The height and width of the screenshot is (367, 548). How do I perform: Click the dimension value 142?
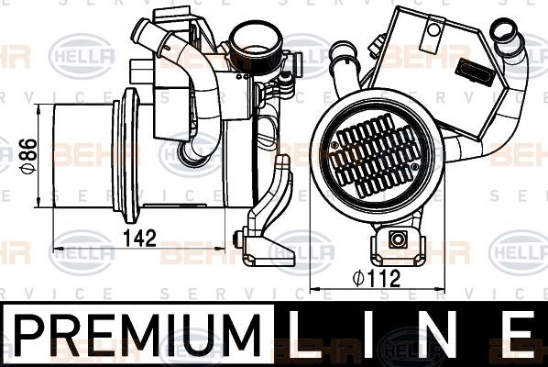[139, 238]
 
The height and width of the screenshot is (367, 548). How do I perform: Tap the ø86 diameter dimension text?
[28, 156]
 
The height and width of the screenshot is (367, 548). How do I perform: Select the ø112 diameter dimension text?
[377, 279]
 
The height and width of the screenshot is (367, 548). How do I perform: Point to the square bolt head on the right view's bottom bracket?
[398, 240]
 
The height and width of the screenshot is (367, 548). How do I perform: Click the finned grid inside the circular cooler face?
[377, 158]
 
